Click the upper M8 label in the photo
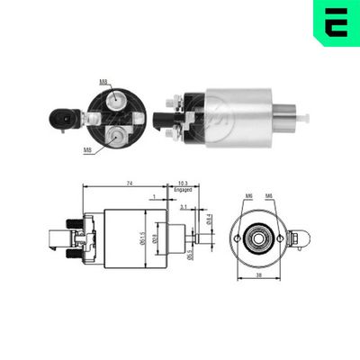(103, 82)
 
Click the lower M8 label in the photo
(86, 149)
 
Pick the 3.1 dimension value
(183, 207)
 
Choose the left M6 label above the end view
(249, 196)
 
